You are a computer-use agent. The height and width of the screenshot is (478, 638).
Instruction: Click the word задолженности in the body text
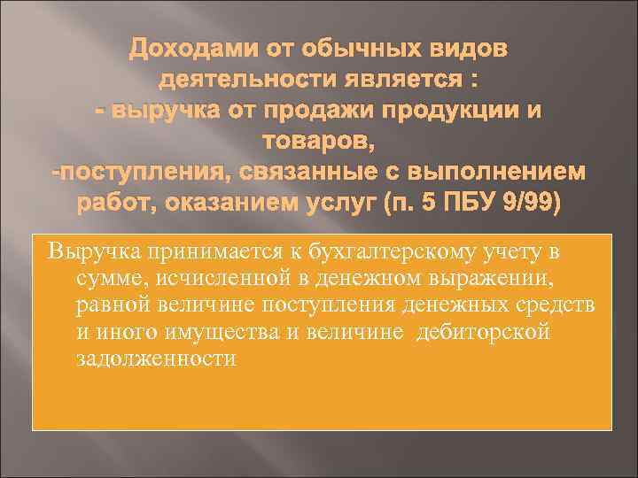(x=145, y=358)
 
